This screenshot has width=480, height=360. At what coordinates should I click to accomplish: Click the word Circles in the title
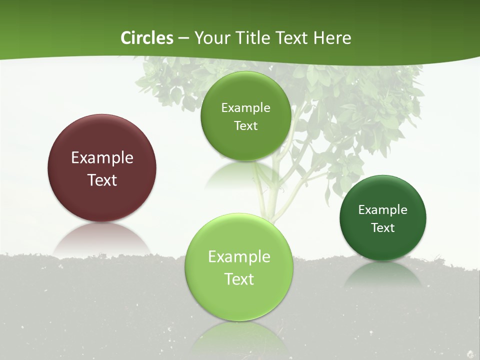tap(147, 38)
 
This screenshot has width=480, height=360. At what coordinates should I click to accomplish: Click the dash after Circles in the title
tap(183, 38)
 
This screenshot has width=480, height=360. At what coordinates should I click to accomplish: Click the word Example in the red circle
tap(102, 158)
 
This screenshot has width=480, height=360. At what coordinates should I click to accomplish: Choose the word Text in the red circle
tap(102, 180)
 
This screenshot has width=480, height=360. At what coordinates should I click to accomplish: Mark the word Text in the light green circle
tap(239, 279)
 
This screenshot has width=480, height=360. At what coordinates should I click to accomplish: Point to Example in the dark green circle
tap(383, 210)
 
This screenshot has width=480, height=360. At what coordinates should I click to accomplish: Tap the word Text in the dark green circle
tap(383, 228)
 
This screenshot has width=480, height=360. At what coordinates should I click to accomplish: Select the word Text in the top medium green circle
tap(245, 126)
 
